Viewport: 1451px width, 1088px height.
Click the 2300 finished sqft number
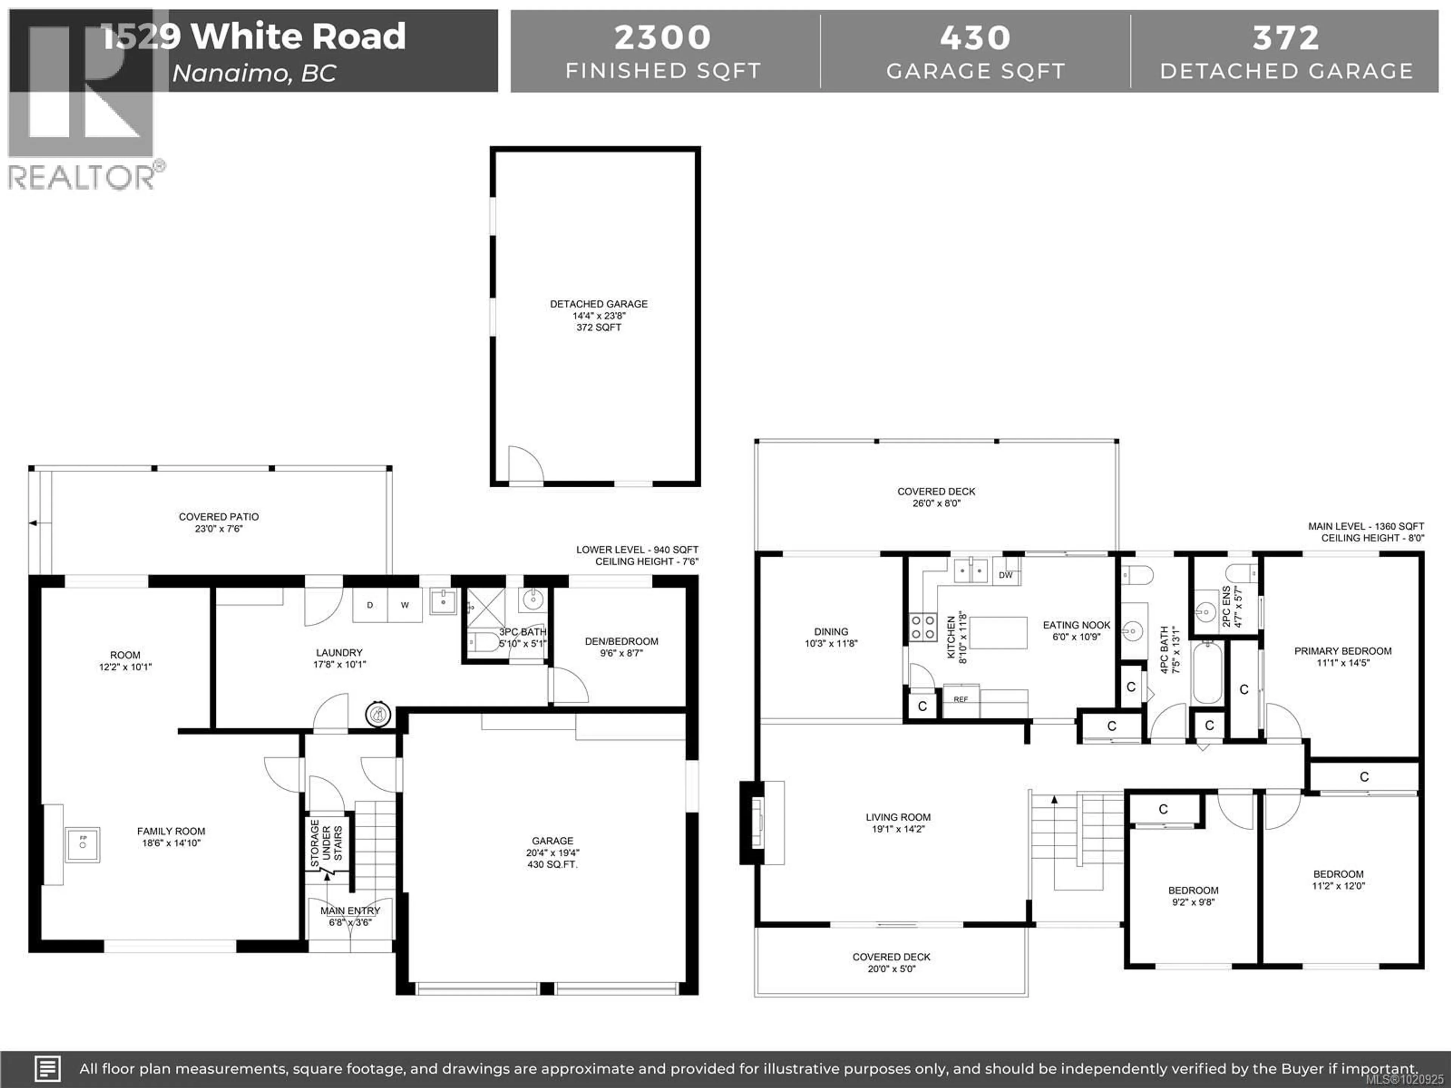662,37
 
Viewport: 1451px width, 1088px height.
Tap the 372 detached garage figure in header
1286,37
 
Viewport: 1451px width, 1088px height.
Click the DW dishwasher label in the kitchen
1005,575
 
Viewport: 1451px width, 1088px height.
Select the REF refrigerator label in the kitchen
960,699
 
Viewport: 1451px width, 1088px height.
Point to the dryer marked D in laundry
370,605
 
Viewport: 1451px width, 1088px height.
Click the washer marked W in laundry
405,605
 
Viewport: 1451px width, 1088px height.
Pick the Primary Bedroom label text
1343,651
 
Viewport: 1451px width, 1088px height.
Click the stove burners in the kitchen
923,627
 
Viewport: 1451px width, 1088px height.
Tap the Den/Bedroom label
621,641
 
